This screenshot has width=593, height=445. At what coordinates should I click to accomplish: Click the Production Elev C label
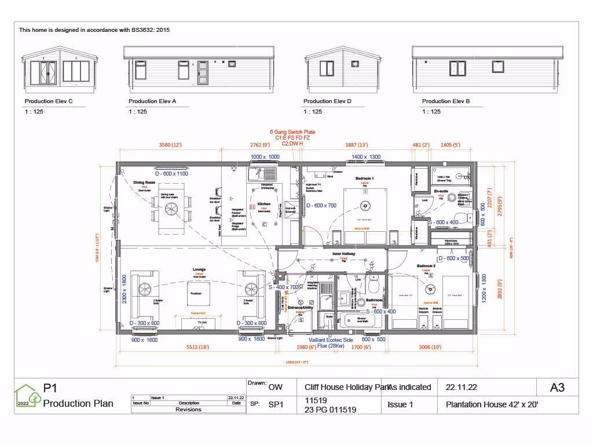coord(49,101)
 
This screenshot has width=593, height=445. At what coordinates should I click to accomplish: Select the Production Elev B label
coord(445,101)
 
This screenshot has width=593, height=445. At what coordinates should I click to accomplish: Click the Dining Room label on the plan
coord(145,183)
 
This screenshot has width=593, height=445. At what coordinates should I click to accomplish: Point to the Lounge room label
coord(200,269)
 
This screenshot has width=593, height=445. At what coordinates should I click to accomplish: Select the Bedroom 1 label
coord(364,178)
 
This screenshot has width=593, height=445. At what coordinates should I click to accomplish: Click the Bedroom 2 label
coord(426,266)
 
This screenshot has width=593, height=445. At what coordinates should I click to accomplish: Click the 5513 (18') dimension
coord(196,347)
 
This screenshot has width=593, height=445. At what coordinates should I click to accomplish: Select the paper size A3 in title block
coord(557,388)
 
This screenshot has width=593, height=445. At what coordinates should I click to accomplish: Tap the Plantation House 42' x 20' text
coord(492,405)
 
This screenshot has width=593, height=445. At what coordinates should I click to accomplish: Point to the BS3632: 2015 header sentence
coord(94,30)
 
